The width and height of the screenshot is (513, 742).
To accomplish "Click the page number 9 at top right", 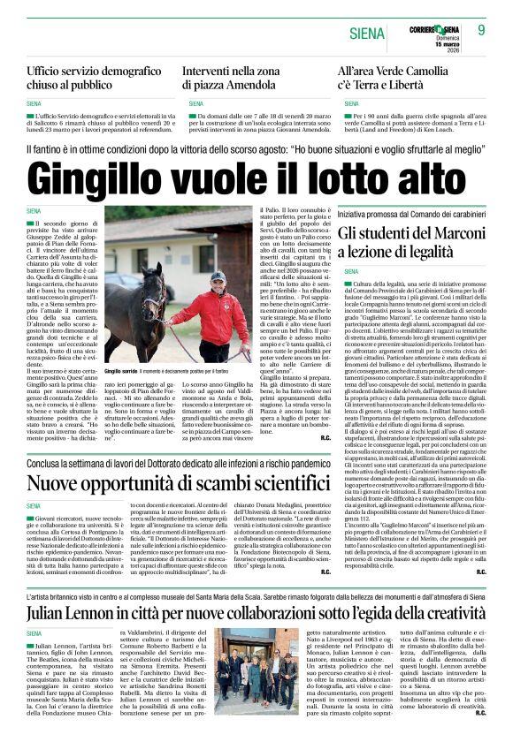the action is pyautogui.click(x=481, y=31).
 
